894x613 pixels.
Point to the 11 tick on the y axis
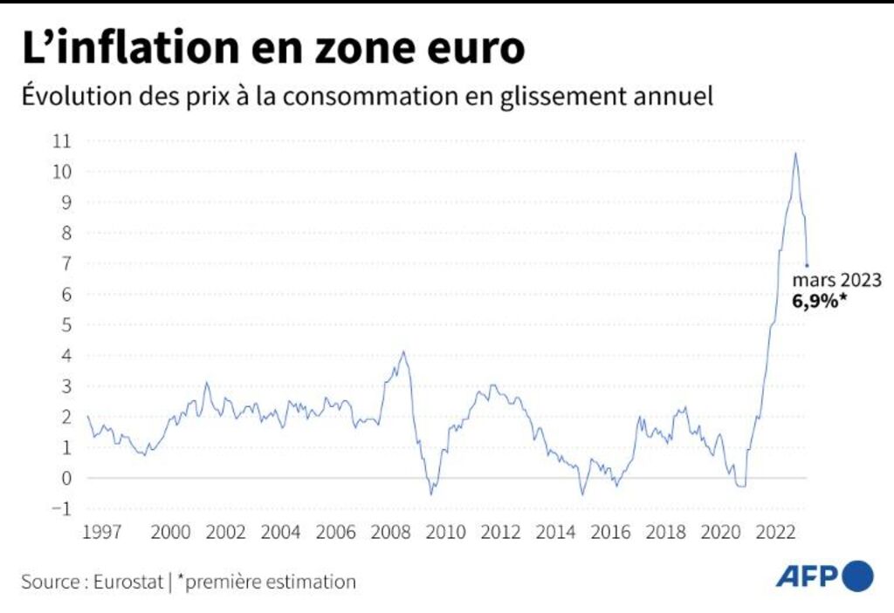tap(63, 140)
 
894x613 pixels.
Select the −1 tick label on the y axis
tap(63, 508)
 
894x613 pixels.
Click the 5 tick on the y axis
tap(66, 324)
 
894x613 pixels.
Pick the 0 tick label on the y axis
tap(66, 478)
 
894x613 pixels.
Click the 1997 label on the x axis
tap(101, 533)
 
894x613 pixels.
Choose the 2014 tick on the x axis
tap(554, 533)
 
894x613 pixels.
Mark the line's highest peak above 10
tap(794, 153)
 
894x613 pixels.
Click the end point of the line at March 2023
tap(807, 264)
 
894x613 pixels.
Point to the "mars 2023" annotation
tap(836, 281)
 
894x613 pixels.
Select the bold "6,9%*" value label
tap(821, 302)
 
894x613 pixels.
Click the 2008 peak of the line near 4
tap(402, 351)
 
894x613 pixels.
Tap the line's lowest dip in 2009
tap(430, 494)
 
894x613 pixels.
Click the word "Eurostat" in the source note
tap(127, 582)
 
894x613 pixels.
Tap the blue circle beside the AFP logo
tap(859, 576)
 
